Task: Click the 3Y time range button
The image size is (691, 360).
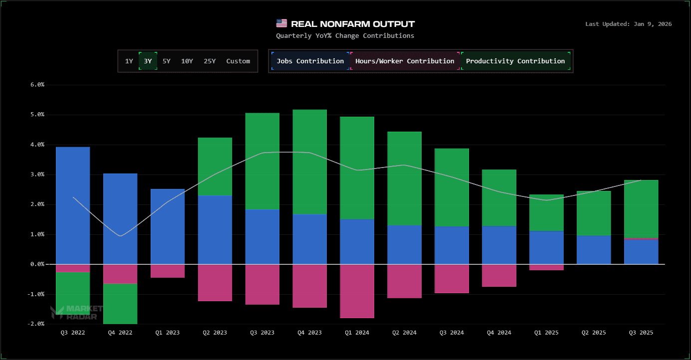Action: [148, 61]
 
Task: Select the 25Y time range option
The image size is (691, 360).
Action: [210, 61]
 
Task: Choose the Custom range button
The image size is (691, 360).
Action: [238, 61]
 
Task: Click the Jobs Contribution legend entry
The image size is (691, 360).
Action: [310, 61]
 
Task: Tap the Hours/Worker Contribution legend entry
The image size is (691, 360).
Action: [405, 61]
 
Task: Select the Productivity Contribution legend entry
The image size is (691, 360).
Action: [515, 61]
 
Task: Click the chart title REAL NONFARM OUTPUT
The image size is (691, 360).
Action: [353, 24]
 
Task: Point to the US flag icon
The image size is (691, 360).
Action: [281, 23]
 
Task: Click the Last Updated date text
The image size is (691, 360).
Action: [628, 24]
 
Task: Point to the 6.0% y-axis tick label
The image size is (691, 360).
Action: [37, 85]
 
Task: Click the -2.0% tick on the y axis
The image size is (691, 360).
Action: [36, 324]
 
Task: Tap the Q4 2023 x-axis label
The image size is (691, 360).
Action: [309, 333]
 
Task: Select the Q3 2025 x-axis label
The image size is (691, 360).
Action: [641, 333]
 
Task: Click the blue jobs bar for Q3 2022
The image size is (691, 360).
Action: [73, 204]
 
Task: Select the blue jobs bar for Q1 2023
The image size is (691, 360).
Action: [168, 226]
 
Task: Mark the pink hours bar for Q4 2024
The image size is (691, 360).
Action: [499, 275]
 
